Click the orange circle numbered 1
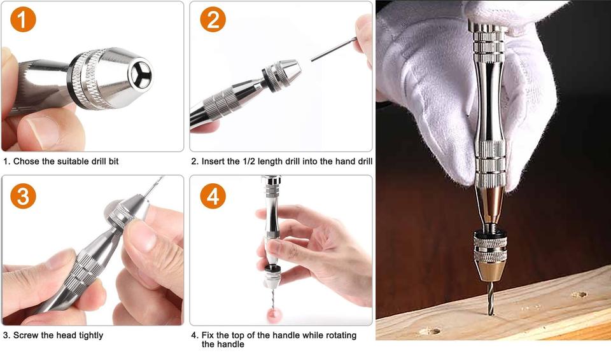click(x=23, y=19)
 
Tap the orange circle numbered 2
click(x=213, y=19)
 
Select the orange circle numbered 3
click(x=23, y=196)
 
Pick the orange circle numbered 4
click(x=213, y=196)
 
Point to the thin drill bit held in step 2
click(x=334, y=49)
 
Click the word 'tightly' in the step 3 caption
click(x=91, y=335)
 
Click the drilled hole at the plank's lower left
click(x=430, y=331)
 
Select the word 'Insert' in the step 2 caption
click(x=213, y=162)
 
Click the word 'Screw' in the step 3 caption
click(x=25, y=335)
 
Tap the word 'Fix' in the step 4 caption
click(x=207, y=335)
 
